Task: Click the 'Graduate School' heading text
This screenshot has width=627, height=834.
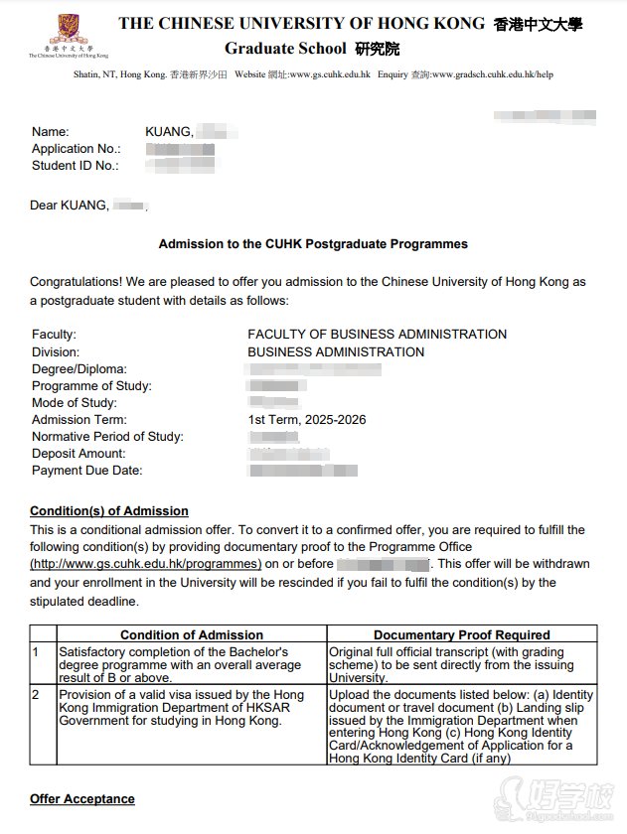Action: click(x=285, y=49)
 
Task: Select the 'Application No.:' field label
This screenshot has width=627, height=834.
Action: click(x=76, y=149)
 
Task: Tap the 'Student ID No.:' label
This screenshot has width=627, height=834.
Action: click(x=75, y=166)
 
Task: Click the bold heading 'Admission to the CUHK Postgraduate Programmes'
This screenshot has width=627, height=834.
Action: click(x=313, y=243)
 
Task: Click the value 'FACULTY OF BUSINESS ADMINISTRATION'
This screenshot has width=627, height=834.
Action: click(x=377, y=335)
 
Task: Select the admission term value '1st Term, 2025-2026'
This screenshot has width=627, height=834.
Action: click(x=306, y=420)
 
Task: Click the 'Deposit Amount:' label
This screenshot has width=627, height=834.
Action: click(x=79, y=454)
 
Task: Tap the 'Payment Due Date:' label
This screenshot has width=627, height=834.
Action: click(x=86, y=471)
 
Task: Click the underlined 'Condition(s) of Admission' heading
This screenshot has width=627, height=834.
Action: click(x=109, y=511)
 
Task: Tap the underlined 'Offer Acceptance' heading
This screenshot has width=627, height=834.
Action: click(x=82, y=799)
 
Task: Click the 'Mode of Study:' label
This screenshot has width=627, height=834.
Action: click(x=75, y=403)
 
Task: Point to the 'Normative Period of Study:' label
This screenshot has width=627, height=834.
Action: click(x=107, y=437)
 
